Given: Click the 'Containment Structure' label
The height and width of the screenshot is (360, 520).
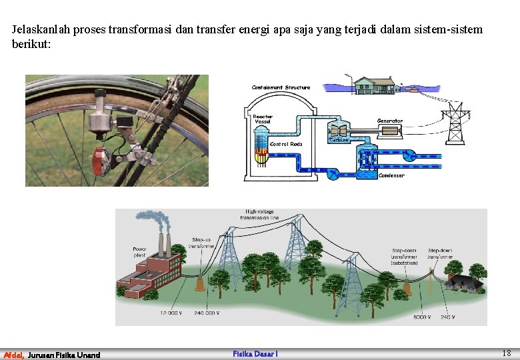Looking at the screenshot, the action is click(x=281, y=88).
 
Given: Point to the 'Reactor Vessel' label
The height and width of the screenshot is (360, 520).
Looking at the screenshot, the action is click(x=262, y=119).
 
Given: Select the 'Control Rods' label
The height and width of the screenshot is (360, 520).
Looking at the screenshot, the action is click(x=286, y=144).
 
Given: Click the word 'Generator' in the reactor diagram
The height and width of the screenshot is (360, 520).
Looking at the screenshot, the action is click(x=389, y=121).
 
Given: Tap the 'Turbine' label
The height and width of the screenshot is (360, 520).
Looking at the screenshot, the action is click(x=339, y=141).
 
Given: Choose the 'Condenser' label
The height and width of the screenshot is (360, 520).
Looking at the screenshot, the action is click(x=391, y=176).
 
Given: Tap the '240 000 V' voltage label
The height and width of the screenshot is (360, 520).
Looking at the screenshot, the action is click(x=207, y=313).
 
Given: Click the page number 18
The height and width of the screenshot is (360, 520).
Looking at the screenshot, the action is click(x=507, y=353).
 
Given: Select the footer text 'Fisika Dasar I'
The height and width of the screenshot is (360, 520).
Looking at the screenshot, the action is click(x=255, y=354).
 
